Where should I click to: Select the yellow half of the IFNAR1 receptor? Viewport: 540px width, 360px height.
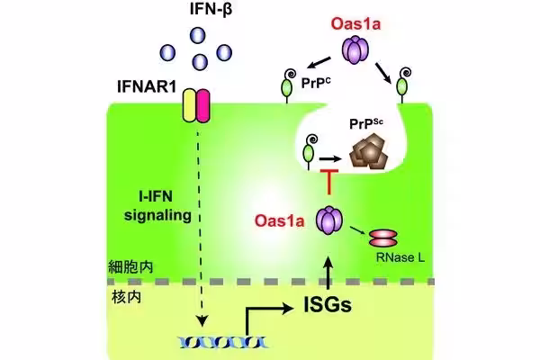188,105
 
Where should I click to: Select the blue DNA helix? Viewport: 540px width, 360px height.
206,341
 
